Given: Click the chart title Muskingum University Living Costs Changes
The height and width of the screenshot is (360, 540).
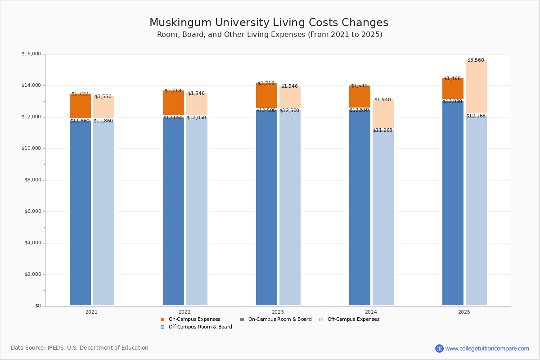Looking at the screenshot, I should [269, 22].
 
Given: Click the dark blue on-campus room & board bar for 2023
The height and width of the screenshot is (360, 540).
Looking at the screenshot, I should [266, 207].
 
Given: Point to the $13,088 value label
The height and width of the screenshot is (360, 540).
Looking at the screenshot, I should [452, 102].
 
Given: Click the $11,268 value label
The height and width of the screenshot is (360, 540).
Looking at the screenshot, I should [382, 130].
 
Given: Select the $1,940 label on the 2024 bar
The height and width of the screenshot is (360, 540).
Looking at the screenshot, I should [382, 100].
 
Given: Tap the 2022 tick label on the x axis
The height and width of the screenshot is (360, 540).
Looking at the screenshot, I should [184, 311].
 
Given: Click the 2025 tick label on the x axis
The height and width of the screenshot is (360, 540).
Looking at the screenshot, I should [464, 311].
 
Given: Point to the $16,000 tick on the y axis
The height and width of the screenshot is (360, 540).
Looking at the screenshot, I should [31, 54].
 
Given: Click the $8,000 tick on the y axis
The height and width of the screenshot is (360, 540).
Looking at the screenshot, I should [32, 180].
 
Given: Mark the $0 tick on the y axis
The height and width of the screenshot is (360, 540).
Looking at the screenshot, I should [37, 306].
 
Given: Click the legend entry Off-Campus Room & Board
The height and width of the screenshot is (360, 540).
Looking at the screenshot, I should [200, 327].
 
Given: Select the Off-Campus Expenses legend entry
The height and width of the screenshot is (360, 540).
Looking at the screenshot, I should [353, 319].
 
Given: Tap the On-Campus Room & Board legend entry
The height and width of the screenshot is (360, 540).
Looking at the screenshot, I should [279, 319].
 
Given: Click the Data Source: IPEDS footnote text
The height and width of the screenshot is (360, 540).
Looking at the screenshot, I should [80, 348].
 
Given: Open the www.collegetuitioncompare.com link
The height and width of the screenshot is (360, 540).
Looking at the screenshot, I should [487, 348].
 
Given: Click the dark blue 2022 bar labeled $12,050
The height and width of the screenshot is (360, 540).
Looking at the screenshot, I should [173, 211].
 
